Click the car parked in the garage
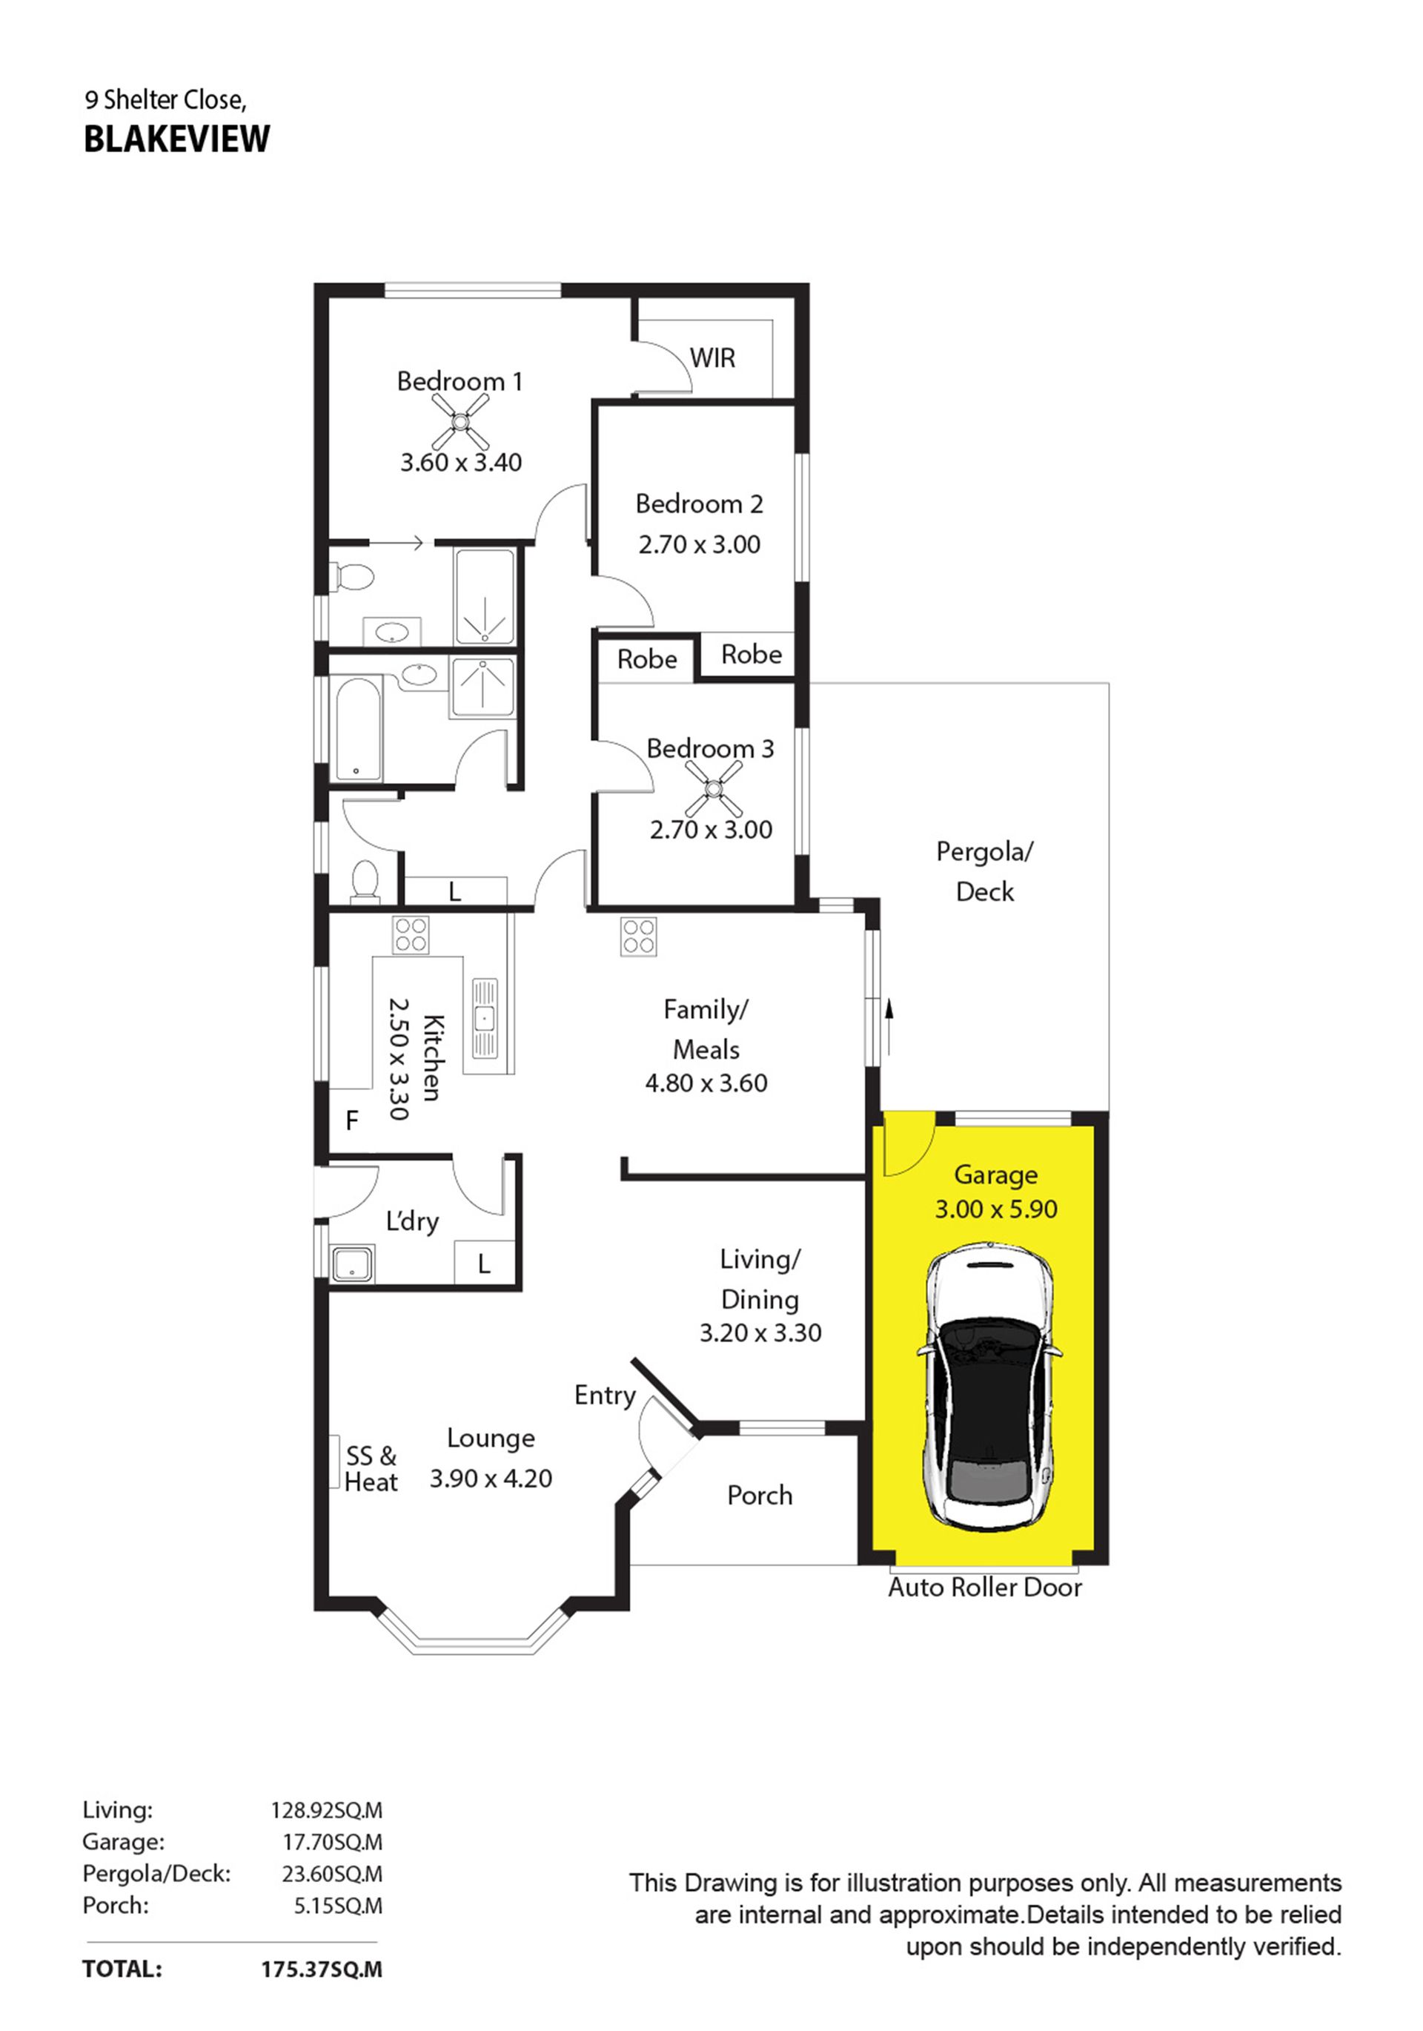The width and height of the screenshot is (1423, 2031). pos(989,1388)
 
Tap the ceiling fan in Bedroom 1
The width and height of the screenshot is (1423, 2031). pos(460,421)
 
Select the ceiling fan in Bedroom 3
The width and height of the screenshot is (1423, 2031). pos(714,787)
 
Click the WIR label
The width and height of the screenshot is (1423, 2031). pos(712,358)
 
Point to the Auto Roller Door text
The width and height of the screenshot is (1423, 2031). pos(984,1587)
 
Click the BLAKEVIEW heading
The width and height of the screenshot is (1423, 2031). pos(177,139)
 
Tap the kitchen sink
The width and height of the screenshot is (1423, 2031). pos(485,1018)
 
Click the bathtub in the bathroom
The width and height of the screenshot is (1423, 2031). pos(357,729)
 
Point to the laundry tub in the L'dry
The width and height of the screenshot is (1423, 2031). pos(353,1264)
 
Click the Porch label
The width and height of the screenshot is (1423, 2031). pos(760,1495)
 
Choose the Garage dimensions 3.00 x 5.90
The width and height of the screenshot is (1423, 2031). pos(996,1209)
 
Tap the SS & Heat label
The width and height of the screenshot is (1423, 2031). pos(371,1468)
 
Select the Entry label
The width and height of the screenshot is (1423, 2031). pos(605,1396)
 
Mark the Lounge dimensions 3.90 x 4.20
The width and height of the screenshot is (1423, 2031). pos(491,1478)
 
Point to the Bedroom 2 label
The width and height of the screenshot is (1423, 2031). pos(699,504)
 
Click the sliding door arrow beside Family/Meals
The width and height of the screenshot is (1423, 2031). pos(889,1028)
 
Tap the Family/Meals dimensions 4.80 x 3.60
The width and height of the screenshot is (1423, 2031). pos(706,1083)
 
